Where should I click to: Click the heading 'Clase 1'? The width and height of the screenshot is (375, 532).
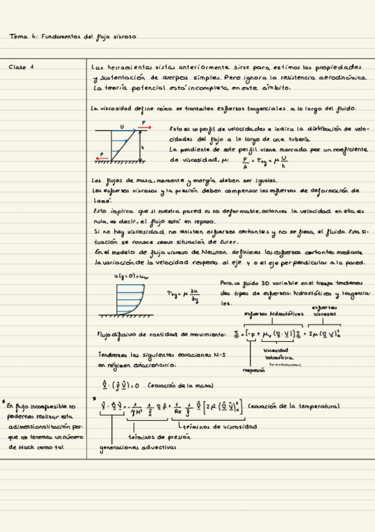coord(22,66)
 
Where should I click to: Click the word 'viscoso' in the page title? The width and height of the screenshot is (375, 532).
coord(125,37)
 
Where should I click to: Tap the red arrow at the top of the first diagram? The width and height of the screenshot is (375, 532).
coord(145,127)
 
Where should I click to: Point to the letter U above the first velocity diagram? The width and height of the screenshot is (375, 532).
coord(121,127)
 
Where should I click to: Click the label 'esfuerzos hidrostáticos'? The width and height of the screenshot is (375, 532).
coord(273,313)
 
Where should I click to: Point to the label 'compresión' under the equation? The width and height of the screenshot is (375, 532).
coord(255,370)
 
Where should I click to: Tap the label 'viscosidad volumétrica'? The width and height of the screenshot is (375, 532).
coord(275,353)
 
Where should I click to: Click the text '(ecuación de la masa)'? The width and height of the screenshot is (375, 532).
coord(180,386)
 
